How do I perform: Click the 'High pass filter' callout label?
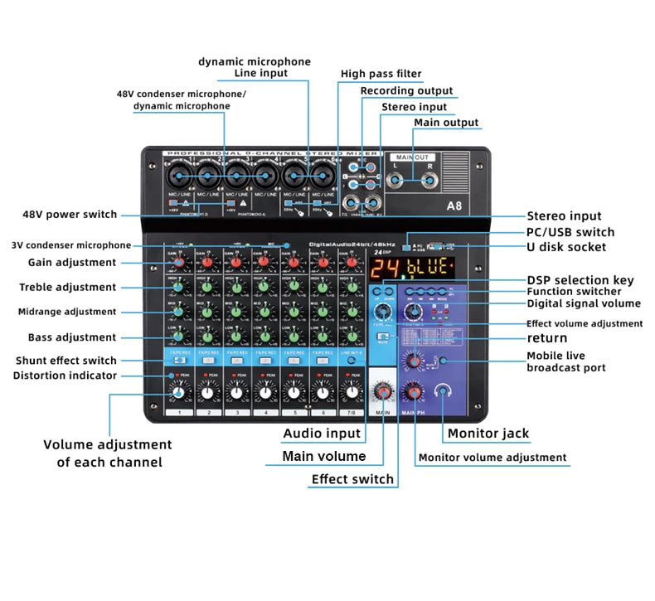click(381, 74)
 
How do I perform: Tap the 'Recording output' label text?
click(406, 90)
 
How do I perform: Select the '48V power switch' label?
click(70, 215)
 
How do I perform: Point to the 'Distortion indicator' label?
click(65, 376)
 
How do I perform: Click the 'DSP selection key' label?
click(580, 280)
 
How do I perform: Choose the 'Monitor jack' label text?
click(488, 433)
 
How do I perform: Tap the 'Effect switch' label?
click(352, 479)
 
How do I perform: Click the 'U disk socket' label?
click(566, 247)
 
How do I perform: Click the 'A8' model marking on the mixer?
click(454, 206)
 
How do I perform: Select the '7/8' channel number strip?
click(352, 412)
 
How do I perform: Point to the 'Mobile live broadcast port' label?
click(566, 361)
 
